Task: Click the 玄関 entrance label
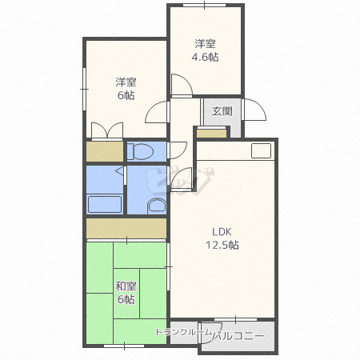click(222, 111)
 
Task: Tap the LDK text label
click(222, 232)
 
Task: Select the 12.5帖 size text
click(222, 245)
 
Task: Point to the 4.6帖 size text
click(205, 57)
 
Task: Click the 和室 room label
click(126, 286)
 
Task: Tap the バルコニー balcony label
click(238, 335)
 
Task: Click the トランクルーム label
click(183, 332)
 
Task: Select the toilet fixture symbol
click(140, 151)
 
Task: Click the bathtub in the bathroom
click(105, 204)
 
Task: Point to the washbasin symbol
click(157, 206)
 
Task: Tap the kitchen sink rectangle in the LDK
click(262, 150)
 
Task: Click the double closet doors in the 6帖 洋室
click(107, 130)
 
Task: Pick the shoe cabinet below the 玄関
click(211, 133)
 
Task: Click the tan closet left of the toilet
click(105, 151)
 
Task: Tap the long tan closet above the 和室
click(126, 228)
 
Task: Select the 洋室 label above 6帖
click(126, 82)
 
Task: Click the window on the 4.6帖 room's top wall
click(205, 6)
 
